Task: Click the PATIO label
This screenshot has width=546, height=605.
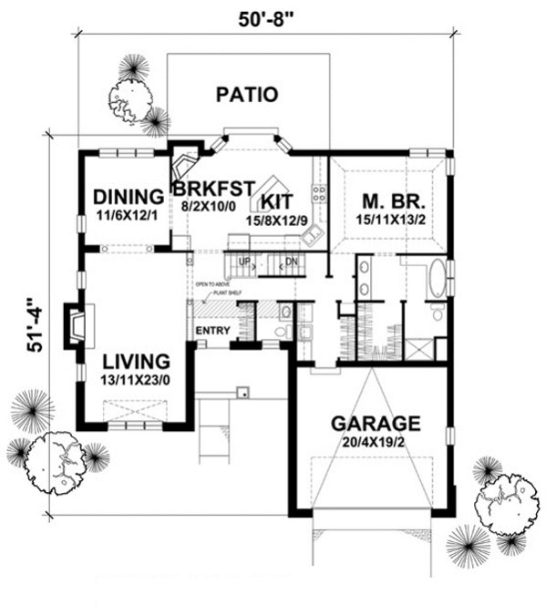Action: point(246,94)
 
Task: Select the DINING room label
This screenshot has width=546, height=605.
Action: point(128,196)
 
